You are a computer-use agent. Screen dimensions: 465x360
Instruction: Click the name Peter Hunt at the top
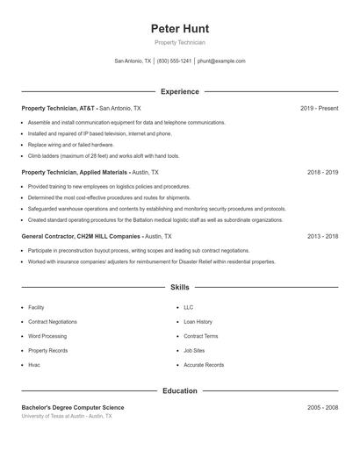(x=179, y=28)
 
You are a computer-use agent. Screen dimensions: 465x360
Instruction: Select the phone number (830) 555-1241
(x=174, y=61)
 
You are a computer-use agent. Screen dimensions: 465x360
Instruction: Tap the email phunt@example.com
(x=221, y=61)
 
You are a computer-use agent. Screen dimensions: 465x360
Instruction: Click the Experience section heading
(x=179, y=91)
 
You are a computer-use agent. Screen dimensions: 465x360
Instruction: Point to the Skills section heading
(x=179, y=287)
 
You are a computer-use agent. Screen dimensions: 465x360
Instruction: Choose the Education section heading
(x=179, y=390)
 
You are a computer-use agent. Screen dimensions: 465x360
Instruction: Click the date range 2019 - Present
(x=319, y=108)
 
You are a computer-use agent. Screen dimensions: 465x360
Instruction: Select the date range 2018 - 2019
(x=322, y=173)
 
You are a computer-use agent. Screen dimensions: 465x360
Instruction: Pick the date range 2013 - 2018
(x=322, y=237)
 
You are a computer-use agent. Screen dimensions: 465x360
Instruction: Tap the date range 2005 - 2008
(x=322, y=408)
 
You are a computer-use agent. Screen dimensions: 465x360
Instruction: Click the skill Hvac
(x=34, y=365)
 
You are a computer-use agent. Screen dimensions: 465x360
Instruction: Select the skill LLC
(x=188, y=308)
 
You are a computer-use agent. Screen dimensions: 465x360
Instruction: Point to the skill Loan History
(x=198, y=322)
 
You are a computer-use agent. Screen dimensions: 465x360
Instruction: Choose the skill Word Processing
(x=47, y=336)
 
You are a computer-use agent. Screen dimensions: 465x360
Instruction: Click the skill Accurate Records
(x=204, y=365)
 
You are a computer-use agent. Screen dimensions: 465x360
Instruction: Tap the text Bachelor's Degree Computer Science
(x=73, y=408)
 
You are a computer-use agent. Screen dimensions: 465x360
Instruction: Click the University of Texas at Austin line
(x=67, y=416)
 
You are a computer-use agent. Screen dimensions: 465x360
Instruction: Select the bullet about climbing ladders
(x=104, y=155)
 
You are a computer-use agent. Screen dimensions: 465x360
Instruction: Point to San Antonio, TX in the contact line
(x=133, y=61)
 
